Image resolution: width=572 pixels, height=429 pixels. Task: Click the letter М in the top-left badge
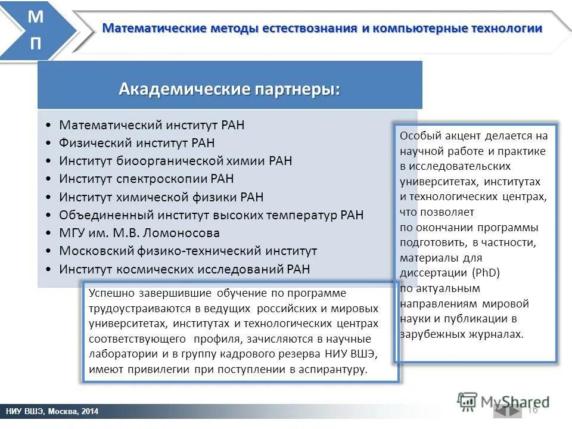[x=35, y=17]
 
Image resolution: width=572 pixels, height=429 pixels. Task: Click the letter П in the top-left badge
[x=35, y=44]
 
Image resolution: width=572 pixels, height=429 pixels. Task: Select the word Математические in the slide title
[x=154, y=28]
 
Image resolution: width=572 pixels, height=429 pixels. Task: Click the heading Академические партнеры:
[x=229, y=89]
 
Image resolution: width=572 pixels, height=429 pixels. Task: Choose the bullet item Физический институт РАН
[x=136, y=143]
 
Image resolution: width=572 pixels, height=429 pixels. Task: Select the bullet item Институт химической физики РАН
[x=161, y=197]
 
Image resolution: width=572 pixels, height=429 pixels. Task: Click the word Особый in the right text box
[x=418, y=136]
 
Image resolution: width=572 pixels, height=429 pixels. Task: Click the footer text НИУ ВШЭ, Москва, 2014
[x=52, y=412]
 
